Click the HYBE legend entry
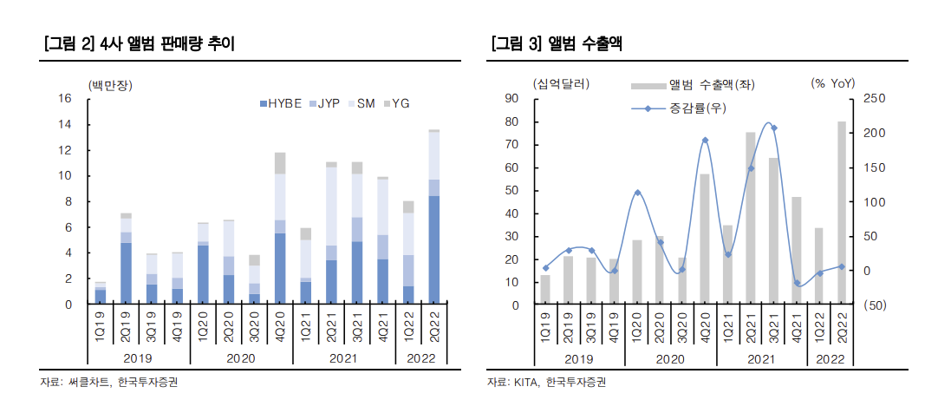pos(280,103)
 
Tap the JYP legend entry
pos(323,103)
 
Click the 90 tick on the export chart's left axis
pos(513,99)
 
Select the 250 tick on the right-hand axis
pos(874,99)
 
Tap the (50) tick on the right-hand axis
pos(874,305)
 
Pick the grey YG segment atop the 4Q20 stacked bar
pos(280,163)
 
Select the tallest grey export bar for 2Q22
pos(842,213)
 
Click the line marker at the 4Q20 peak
pos(705,140)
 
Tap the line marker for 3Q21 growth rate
pos(773,128)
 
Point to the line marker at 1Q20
pos(636,193)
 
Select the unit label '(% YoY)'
pos(832,83)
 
